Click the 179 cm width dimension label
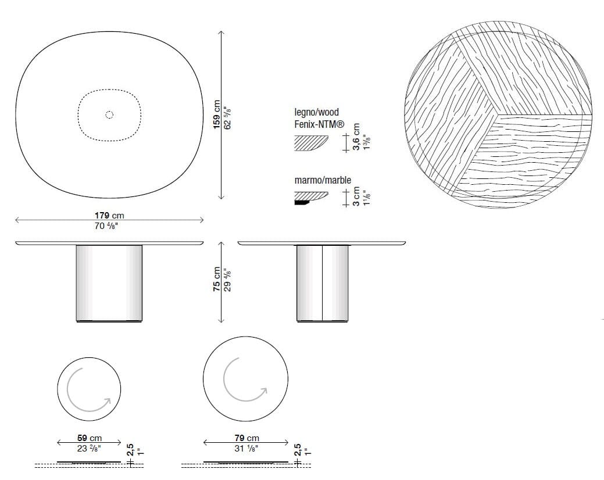pyautogui.click(x=109, y=216)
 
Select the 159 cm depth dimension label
pyautogui.click(x=217, y=114)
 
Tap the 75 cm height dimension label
pyautogui.click(x=217, y=279)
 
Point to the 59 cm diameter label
pyautogui.click(x=90, y=438)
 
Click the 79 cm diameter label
pyautogui.click(x=247, y=438)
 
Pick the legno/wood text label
pyautogui.click(x=317, y=112)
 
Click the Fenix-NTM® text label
pyautogui.click(x=319, y=124)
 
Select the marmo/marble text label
pyautogui.click(x=323, y=180)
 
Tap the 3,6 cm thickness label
pyautogui.click(x=356, y=137)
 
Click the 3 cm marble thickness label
pyautogui.click(x=356, y=196)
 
